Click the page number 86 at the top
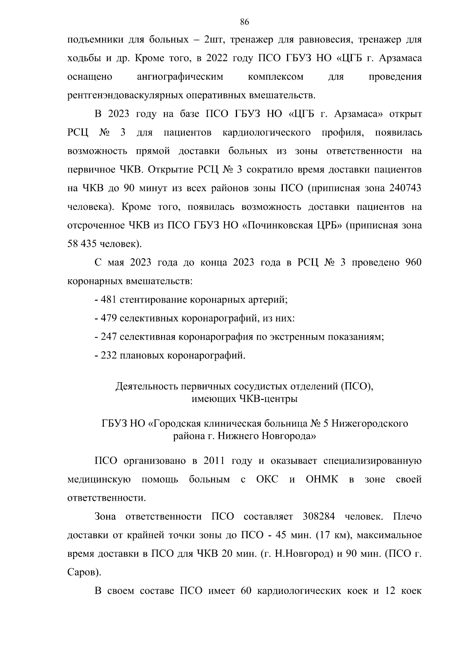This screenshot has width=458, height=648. (245, 22)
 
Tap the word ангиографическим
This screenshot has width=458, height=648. (180, 77)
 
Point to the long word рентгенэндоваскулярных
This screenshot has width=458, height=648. (125, 95)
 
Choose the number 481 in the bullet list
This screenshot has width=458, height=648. (109, 300)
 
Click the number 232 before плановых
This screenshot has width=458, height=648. (109, 356)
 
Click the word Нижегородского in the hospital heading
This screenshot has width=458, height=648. (369, 424)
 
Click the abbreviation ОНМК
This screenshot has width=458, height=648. (322, 479)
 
